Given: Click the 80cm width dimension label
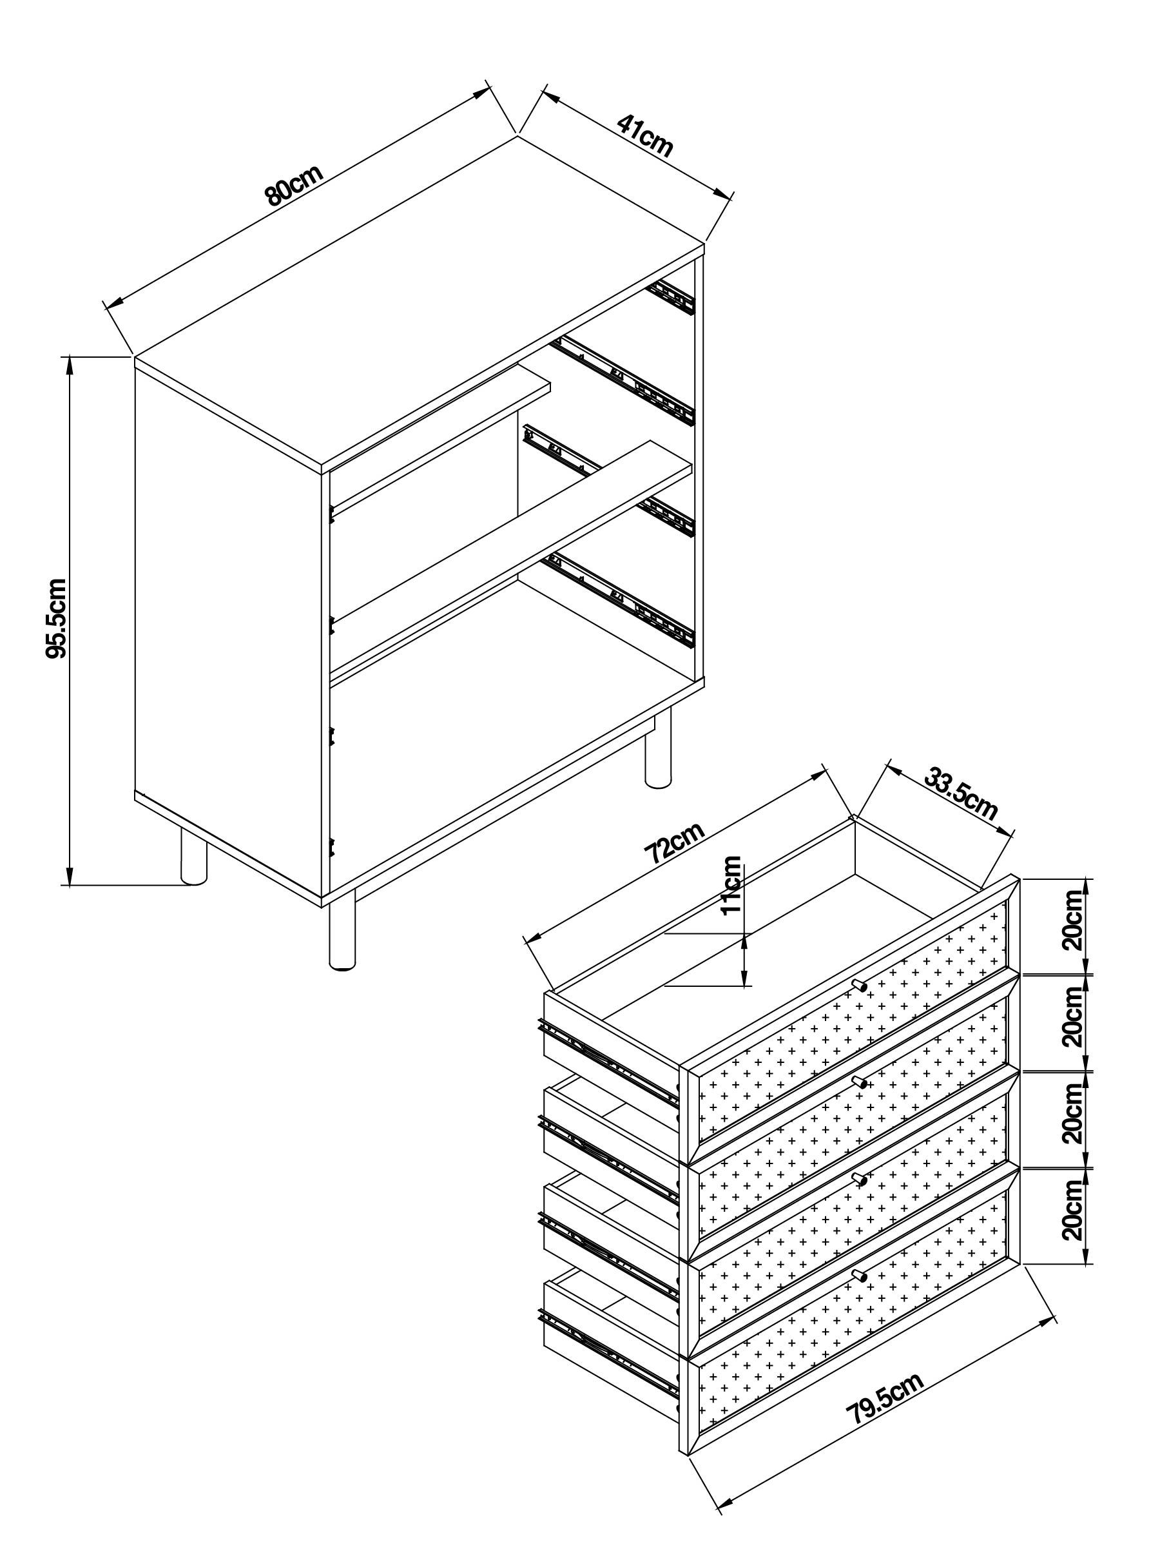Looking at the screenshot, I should (x=294, y=186).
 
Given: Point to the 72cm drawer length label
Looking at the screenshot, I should (x=673, y=842).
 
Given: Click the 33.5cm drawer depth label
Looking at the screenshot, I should (x=960, y=793).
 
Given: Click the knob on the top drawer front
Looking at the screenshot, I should (x=858, y=986).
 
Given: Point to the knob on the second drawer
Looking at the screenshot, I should (x=858, y=1083).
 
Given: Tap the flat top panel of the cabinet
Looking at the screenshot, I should (x=420, y=301).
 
